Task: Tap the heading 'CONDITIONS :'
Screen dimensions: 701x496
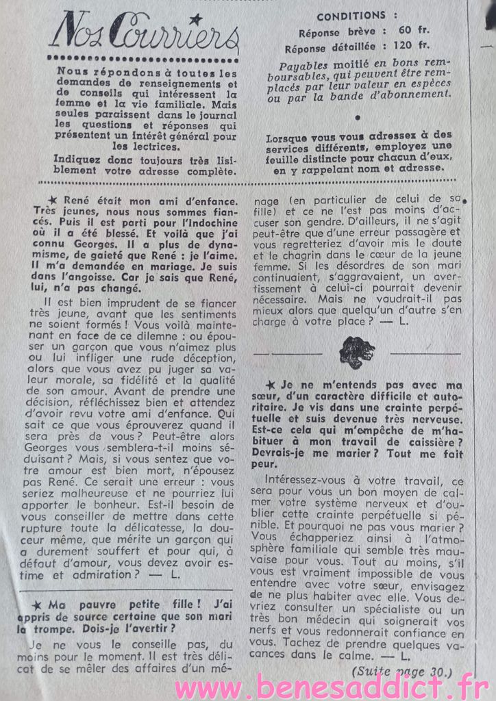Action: (351, 16)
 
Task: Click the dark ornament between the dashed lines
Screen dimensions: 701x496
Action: (356, 353)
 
